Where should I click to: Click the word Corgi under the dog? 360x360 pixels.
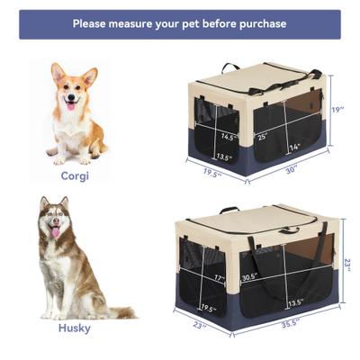click(x=75, y=176)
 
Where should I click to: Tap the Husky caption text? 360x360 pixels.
click(x=74, y=328)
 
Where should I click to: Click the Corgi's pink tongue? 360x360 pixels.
click(x=70, y=105)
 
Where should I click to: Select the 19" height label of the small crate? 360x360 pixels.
click(x=337, y=109)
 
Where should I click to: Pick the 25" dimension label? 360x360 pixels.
click(x=262, y=136)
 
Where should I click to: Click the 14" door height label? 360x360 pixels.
click(x=294, y=147)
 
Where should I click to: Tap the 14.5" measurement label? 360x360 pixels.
click(x=229, y=138)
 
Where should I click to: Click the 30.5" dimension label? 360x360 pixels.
click(x=249, y=277)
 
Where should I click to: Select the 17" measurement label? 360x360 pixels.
click(x=219, y=279)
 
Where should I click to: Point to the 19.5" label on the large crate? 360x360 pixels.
click(x=209, y=309)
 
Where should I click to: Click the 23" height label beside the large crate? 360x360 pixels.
click(x=347, y=265)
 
